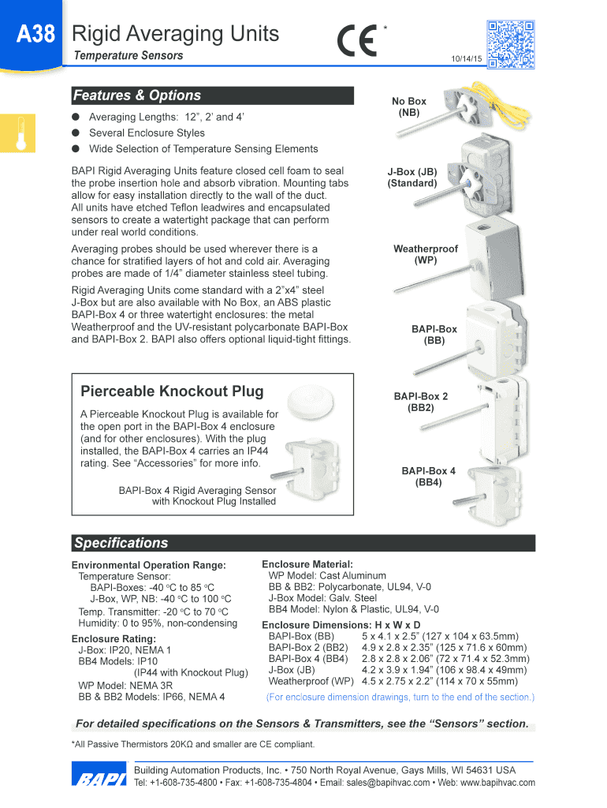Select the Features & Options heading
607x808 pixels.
coord(137,95)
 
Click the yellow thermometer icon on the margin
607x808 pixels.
coord(20,133)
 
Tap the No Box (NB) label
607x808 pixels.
coord(409,107)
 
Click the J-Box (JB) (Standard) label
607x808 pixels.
coord(411,178)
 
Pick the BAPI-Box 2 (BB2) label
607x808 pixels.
coord(421,402)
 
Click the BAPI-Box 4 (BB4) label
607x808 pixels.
coord(428,477)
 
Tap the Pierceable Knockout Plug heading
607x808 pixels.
coord(172,391)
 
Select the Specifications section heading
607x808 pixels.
coord(121,543)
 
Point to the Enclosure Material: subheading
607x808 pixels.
coord(307,564)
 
